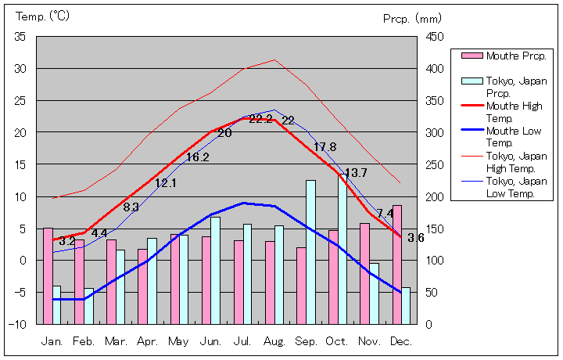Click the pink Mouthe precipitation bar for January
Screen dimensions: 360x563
coord(48,275)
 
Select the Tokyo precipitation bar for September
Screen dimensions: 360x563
coord(310,251)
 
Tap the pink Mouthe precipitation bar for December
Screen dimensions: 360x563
coord(397,264)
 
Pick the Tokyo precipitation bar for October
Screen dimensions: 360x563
coord(342,249)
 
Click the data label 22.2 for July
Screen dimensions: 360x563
coord(260,119)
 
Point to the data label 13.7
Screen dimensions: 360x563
coord(356,173)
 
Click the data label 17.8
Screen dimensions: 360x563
coord(325,147)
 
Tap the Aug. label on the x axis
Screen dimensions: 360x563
coord(274,342)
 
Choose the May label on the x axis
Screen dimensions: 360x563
coord(178,342)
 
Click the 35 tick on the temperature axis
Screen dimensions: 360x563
coord(20,37)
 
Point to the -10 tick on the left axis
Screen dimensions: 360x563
coord(20,324)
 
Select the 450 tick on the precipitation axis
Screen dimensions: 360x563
coord(435,37)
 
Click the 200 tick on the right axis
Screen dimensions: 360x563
coord(435,196)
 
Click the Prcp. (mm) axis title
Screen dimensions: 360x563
coord(412,18)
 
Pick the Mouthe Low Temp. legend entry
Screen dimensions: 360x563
coord(513,136)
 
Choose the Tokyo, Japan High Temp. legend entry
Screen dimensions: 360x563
coord(513,161)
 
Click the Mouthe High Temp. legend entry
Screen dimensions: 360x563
coord(513,111)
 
